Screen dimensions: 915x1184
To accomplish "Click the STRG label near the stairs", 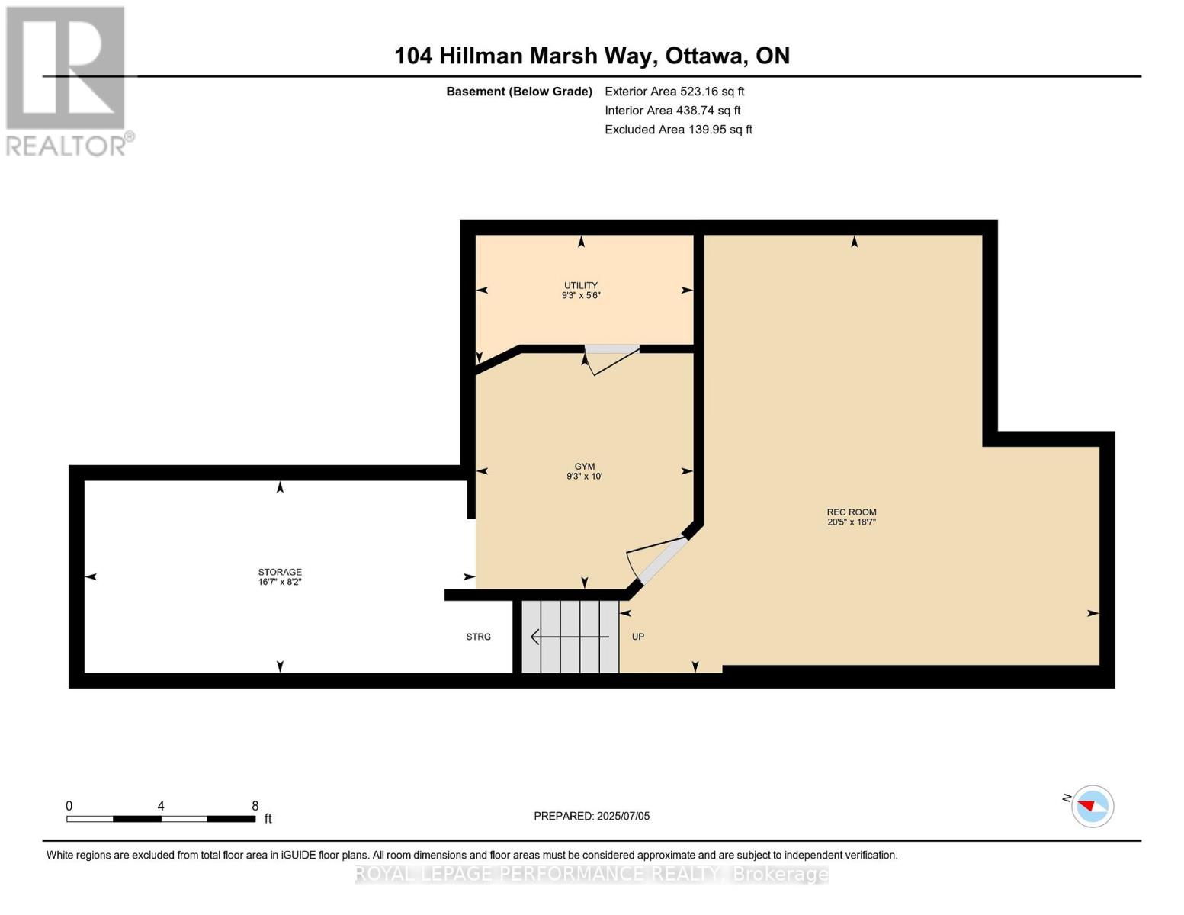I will coord(479,637).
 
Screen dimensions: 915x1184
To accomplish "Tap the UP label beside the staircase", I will coord(638,637).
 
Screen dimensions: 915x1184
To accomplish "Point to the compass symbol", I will coord(1092,806).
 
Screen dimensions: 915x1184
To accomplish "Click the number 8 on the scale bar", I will coord(255,806).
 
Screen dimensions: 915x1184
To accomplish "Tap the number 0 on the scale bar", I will coord(69,806).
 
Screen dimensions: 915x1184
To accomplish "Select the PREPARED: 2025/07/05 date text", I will coord(592,816).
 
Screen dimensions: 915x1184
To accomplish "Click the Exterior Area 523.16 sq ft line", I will coord(674,91).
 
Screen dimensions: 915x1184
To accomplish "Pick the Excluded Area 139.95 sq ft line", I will coord(679,130).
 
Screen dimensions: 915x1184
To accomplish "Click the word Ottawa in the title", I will coord(704,56).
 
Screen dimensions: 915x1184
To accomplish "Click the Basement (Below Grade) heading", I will coord(519,91).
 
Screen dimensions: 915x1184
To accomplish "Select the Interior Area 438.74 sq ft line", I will coord(672,111).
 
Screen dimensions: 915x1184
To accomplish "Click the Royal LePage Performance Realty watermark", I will coord(592,874).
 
